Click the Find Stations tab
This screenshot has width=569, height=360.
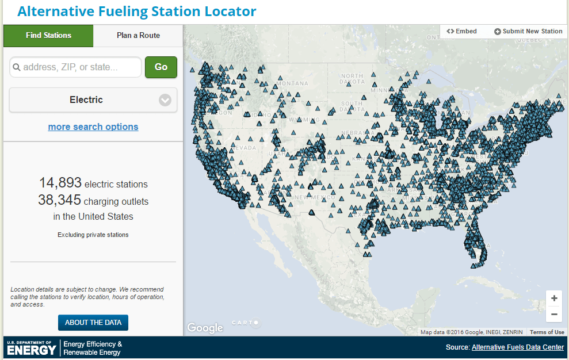48,36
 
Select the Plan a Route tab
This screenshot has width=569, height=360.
138,36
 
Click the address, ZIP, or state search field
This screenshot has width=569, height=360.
75,67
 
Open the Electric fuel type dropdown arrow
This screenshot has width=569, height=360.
165,100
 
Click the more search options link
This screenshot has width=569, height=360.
93,127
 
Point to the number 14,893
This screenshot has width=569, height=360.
60,183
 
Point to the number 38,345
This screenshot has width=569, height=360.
60,201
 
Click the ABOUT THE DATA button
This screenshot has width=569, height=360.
93,323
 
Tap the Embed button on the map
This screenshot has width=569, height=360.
462,31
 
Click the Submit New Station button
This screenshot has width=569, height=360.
528,31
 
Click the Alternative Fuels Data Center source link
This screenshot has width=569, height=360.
518,347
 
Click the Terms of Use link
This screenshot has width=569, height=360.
547,332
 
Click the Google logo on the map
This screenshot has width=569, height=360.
205,328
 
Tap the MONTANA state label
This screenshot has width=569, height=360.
292,83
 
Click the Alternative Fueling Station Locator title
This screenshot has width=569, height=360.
137,12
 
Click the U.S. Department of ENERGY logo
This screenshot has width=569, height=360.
32,347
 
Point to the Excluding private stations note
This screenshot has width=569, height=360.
93,235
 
